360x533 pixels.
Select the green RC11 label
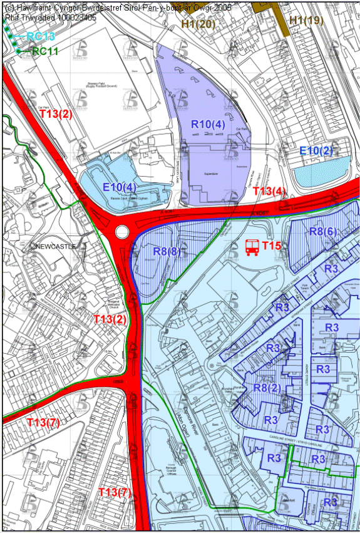click(x=45, y=51)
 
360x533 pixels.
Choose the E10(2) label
click(x=316, y=150)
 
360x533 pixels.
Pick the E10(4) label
click(x=119, y=187)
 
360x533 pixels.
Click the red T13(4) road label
click(x=270, y=190)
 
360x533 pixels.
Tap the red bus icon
click(x=252, y=247)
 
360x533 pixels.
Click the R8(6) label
click(x=324, y=231)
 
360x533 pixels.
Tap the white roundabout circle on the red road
click(x=121, y=232)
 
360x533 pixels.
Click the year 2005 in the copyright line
click(x=219, y=8)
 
